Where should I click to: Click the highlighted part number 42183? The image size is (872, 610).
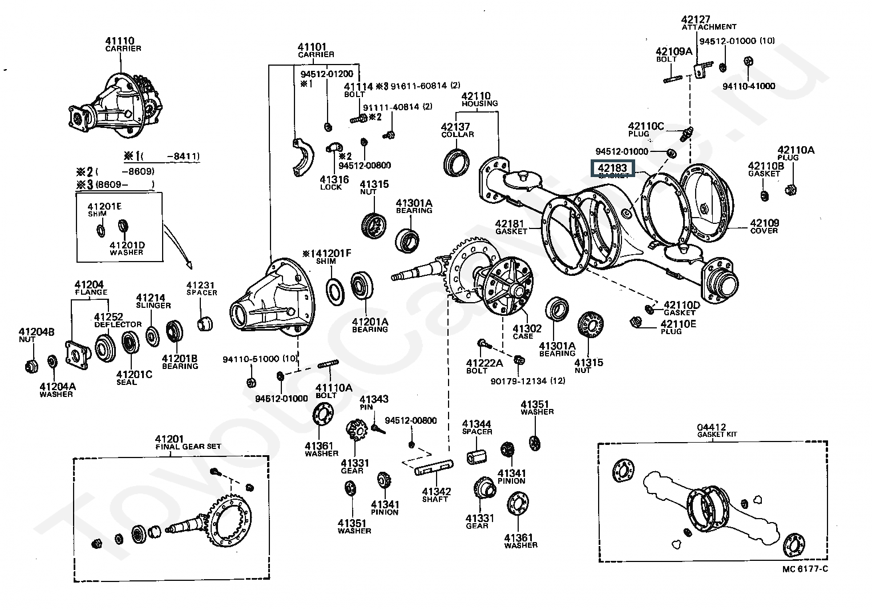pyautogui.click(x=612, y=168)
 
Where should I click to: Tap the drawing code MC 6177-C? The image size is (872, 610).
pyautogui.click(x=805, y=568)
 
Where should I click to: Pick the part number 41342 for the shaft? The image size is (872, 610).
pyautogui.click(x=437, y=491)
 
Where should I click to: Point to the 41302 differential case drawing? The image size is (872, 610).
pyautogui.click(x=505, y=286)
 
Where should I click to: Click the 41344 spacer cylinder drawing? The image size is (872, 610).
pyautogui.click(x=477, y=457)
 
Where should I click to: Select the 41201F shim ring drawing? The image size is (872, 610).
pyautogui.click(x=335, y=290)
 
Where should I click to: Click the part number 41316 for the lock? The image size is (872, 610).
pyautogui.click(x=331, y=179)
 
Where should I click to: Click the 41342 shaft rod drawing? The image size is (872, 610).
pyautogui.click(x=433, y=469)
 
